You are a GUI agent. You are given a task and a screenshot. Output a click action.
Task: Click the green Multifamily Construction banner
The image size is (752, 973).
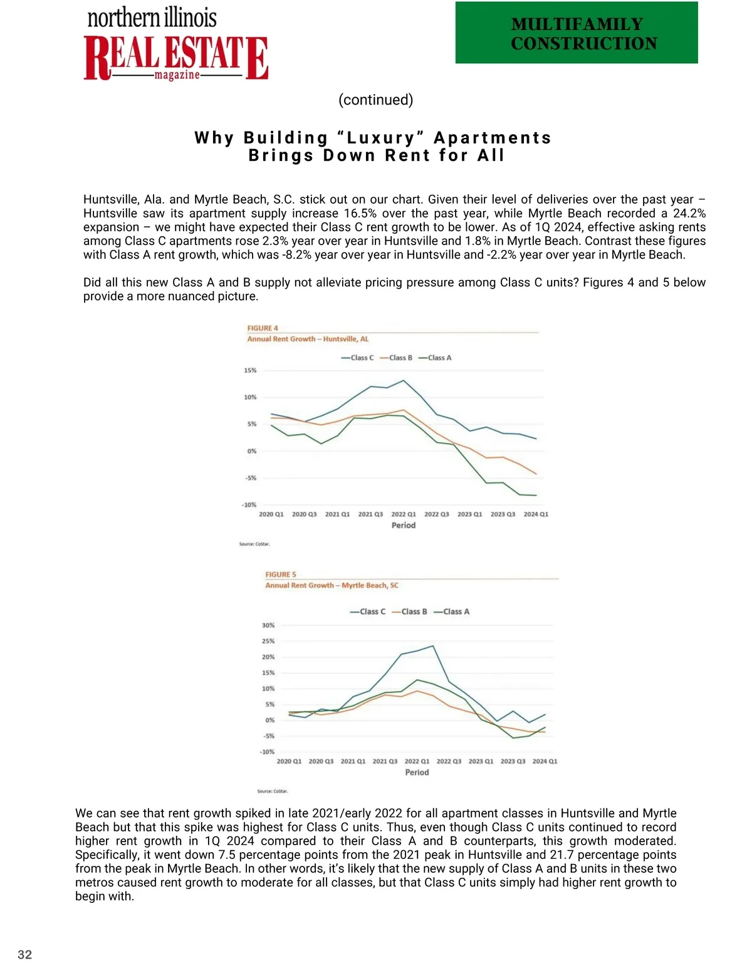[x=577, y=33]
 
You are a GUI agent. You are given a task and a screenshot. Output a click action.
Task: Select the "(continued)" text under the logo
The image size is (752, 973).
[x=375, y=100]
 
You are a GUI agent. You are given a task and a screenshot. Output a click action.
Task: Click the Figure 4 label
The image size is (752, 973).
[x=263, y=328]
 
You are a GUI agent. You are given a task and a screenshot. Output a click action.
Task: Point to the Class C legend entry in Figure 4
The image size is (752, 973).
[x=358, y=358]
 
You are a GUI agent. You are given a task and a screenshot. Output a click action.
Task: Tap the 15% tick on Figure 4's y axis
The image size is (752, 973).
[x=250, y=370]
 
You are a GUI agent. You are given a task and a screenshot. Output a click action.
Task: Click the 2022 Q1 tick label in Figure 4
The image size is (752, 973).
[x=404, y=514]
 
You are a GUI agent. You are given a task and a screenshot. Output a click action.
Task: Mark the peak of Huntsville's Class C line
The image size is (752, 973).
[x=404, y=380]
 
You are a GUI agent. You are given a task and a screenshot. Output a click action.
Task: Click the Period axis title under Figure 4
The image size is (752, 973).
[x=404, y=526]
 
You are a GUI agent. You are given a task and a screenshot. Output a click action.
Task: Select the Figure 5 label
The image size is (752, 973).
[x=281, y=575]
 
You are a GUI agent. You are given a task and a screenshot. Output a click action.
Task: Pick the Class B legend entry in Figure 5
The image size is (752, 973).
[x=410, y=611]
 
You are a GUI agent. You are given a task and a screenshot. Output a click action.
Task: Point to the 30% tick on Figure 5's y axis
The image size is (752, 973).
[x=268, y=625]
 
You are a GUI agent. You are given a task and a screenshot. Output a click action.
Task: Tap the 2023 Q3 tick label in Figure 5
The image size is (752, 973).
[x=513, y=761]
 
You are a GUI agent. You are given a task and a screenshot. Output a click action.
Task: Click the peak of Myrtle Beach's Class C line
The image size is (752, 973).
[x=432, y=646]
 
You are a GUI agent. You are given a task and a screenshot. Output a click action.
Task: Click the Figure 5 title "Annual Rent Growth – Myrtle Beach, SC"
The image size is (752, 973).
[x=332, y=585]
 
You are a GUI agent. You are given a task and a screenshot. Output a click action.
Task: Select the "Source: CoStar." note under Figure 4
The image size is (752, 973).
[x=254, y=544]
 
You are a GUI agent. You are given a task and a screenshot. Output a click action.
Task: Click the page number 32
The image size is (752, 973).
[x=25, y=955]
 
